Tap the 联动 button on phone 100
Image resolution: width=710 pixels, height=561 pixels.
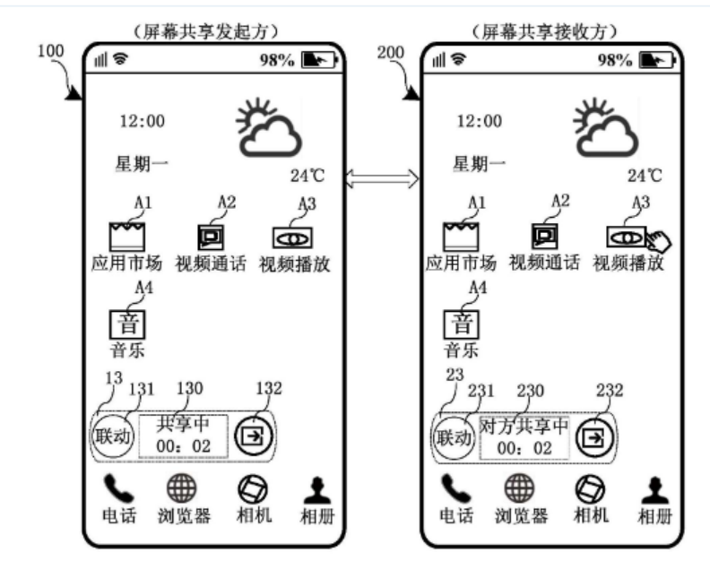(x=112, y=436)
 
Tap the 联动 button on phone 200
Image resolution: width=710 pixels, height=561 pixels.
(x=453, y=438)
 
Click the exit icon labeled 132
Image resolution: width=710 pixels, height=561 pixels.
(x=252, y=436)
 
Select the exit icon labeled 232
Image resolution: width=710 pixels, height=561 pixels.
(x=592, y=438)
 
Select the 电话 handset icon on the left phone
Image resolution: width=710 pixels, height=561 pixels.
(x=116, y=488)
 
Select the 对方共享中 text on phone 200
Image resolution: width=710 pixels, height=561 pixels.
(x=524, y=425)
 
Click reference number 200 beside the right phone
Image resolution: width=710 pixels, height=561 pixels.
(x=392, y=53)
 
